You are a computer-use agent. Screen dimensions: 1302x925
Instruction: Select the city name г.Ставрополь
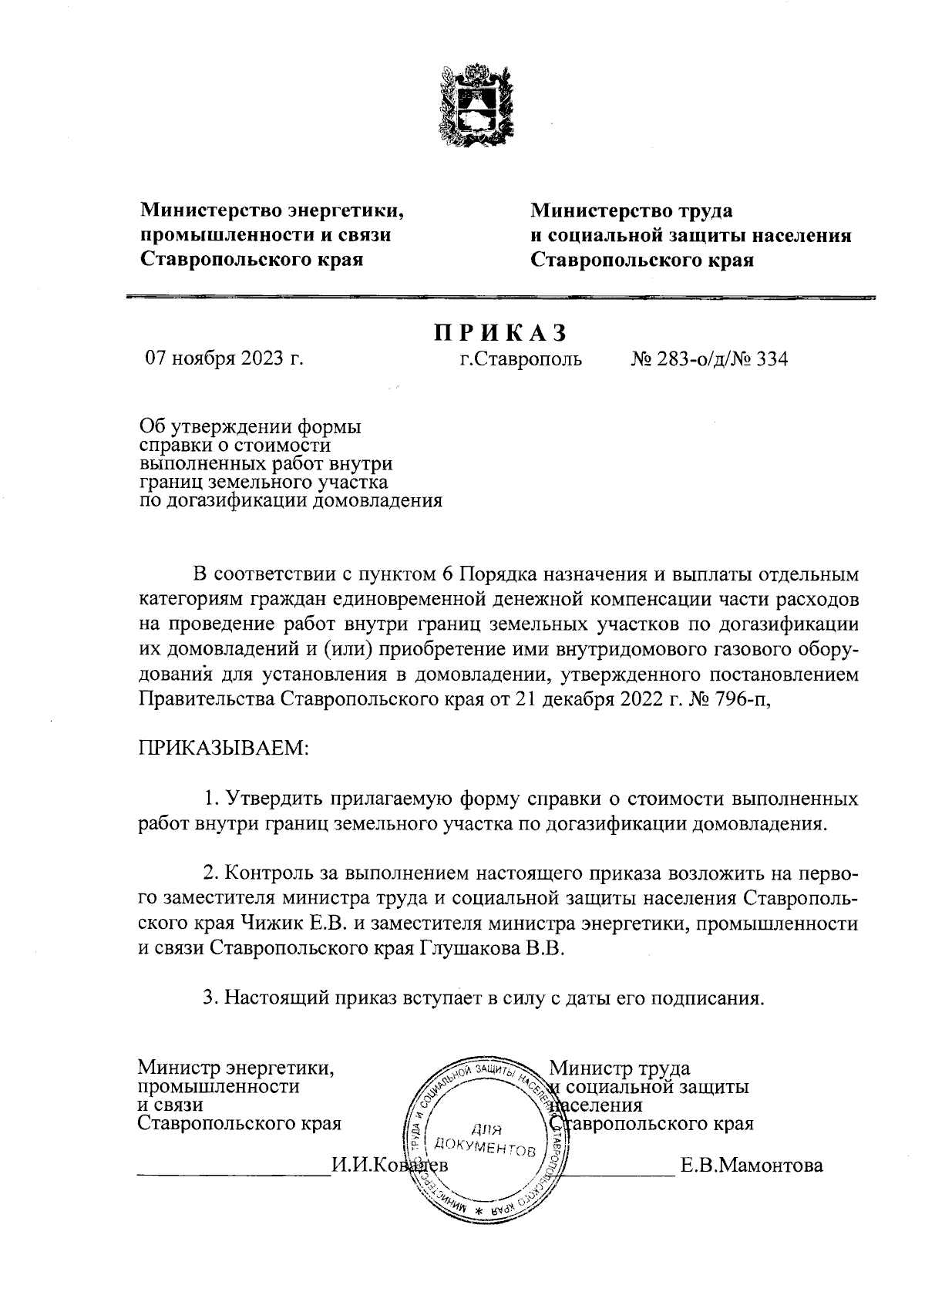[520, 359]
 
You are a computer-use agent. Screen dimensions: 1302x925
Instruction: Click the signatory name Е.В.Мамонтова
[751, 1165]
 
